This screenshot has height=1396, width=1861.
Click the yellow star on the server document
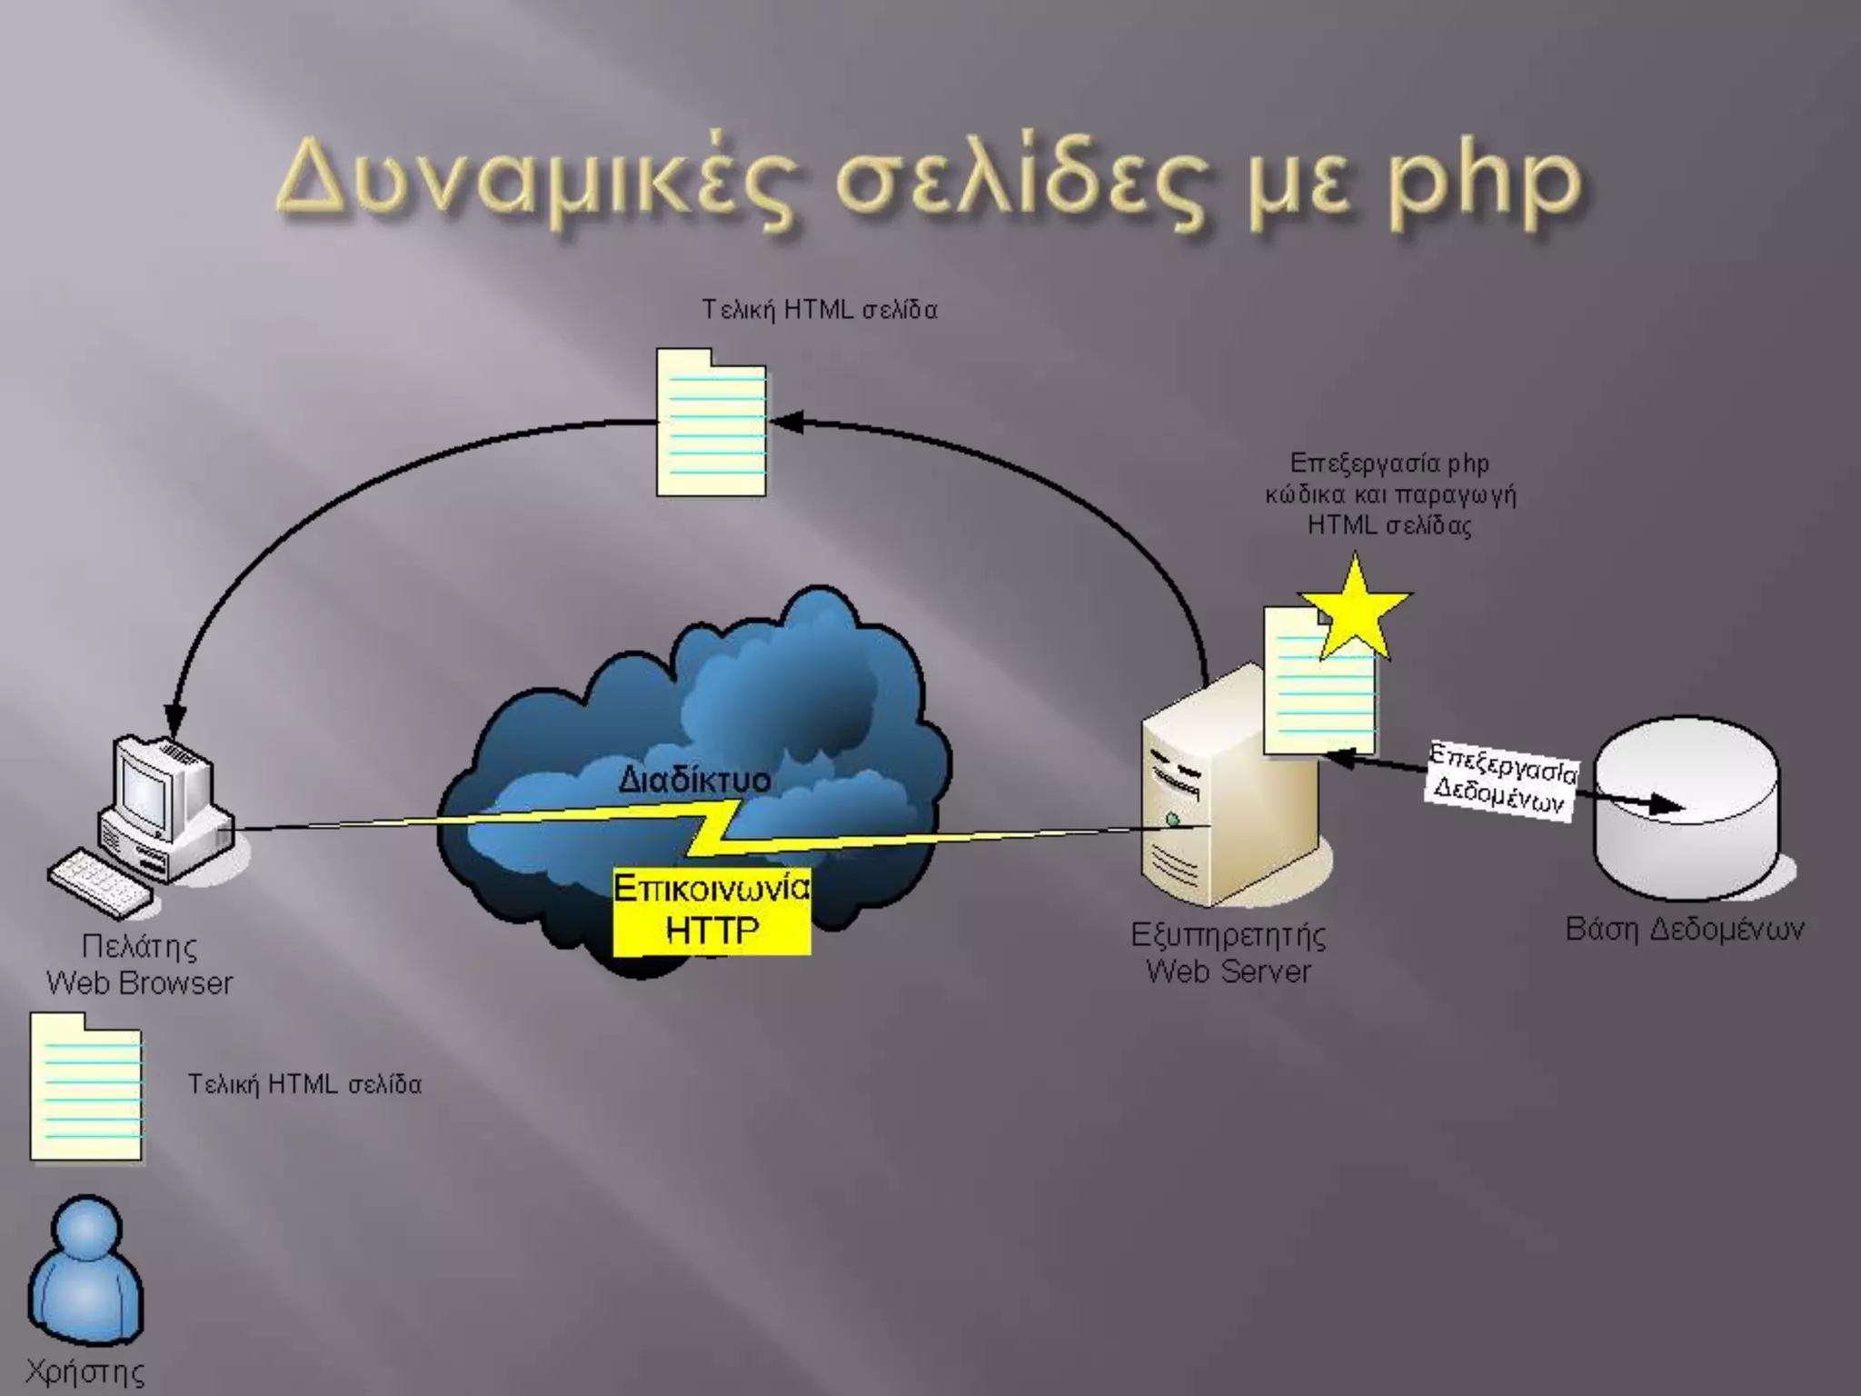pyautogui.click(x=1355, y=611)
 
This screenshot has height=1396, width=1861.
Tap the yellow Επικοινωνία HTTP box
pyautogui.click(x=712, y=910)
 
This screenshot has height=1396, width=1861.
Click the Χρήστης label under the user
pyautogui.click(x=85, y=1371)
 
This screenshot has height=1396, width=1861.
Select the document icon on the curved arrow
pyautogui.click(x=712, y=424)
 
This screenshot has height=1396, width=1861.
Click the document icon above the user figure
pyautogui.click(x=86, y=1089)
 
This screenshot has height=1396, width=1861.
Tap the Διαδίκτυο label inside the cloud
pyautogui.click(x=694, y=779)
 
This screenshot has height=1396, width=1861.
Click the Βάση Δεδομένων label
pyautogui.click(x=1684, y=929)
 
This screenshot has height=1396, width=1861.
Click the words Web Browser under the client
pyautogui.click(x=139, y=982)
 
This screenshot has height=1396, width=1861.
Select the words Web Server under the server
pyautogui.click(x=1228, y=972)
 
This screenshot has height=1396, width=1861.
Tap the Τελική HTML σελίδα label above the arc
pyautogui.click(x=819, y=310)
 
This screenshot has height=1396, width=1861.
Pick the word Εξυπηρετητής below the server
pyautogui.click(x=1228, y=934)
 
